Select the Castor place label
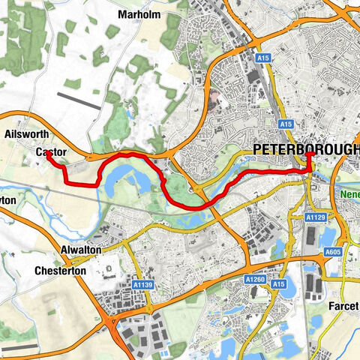51,152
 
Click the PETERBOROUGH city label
306,150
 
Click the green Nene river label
350,193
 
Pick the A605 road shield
333,252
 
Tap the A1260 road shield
256,278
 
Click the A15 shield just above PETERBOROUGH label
284,124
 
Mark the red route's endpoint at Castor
46,155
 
